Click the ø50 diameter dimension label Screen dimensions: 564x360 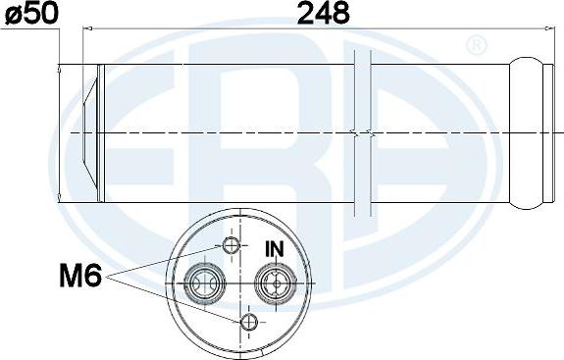(x=31, y=13)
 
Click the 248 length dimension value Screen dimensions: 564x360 (x=324, y=14)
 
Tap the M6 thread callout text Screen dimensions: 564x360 (x=80, y=275)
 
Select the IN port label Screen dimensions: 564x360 (x=275, y=249)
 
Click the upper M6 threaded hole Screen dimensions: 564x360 (x=231, y=245)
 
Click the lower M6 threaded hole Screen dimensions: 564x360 (x=249, y=322)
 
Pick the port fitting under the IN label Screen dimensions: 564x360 (x=276, y=283)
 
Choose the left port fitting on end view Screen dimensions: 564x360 (x=205, y=283)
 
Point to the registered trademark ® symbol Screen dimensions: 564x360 (x=477, y=45)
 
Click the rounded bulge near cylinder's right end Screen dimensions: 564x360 (x=526, y=133)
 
